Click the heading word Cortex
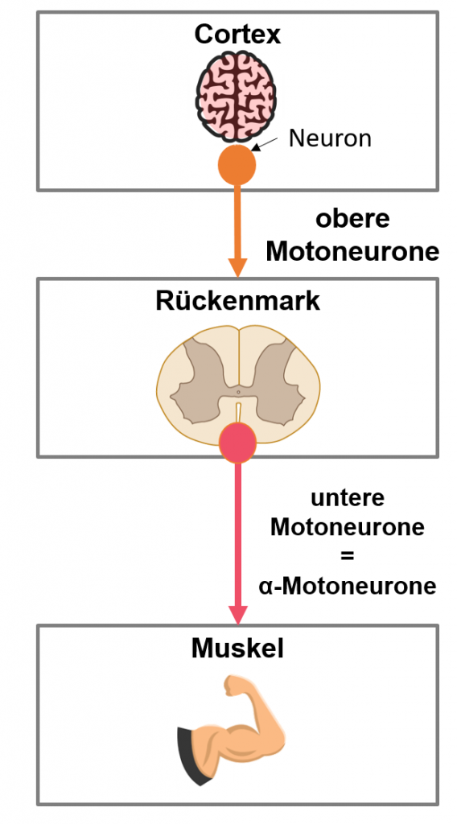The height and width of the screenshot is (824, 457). (237, 35)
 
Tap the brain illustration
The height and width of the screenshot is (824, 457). (237, 97)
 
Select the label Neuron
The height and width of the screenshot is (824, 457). (330, 138)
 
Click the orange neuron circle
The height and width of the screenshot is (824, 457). (237, 165)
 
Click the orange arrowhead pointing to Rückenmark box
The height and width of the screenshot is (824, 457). (237, 267)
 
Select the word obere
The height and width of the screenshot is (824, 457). (352, 219)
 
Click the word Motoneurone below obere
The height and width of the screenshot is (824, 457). (352, 251)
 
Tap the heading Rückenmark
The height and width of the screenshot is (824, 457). (237, 302)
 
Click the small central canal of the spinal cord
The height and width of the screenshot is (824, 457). (238, 392)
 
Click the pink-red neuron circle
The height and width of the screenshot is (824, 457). (238, 443)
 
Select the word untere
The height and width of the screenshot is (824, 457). (348, 497)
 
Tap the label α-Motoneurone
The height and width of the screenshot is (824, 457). (348, 586)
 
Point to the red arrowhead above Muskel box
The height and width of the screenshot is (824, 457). (238, 615)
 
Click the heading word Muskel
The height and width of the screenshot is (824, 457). (237, 649)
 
